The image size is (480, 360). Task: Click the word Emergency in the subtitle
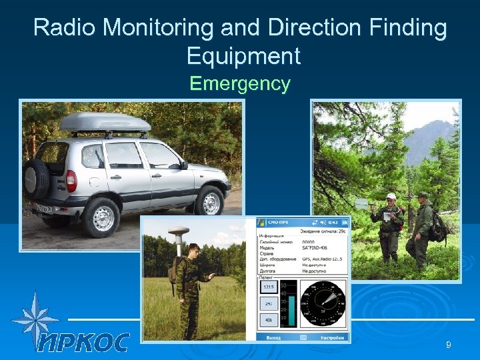click(x=240, y=84)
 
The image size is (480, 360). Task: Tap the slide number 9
click(x=449, y=344)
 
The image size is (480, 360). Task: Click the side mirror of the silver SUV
click(x=183, y=165)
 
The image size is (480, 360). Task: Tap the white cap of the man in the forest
click(x=391, y=197)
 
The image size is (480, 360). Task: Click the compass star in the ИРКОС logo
click(x=33, y=319)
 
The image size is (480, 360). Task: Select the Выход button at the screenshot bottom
click(x=273, y=337)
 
